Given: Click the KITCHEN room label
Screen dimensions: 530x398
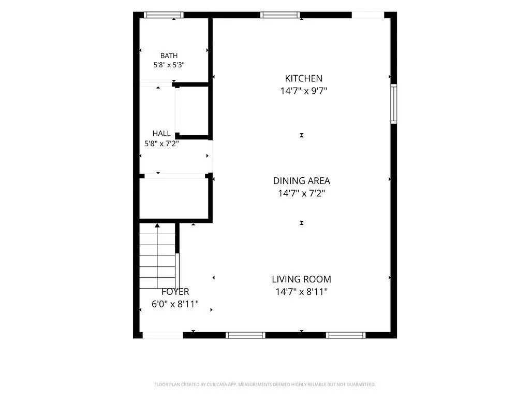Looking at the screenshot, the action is pos(303,79).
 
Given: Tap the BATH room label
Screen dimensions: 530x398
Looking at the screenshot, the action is pos(169,55).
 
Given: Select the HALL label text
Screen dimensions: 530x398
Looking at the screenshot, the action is pos(161,133).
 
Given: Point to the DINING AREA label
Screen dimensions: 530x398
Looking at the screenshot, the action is pos(302,181).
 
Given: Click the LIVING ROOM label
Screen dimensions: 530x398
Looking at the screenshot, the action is pos(302,279).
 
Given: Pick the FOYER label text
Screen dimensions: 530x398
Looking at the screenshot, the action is pos(175,292).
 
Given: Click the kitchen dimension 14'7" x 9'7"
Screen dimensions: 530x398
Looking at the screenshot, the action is pos(303,91).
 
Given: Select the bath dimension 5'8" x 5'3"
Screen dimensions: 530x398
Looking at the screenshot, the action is pos(169,65).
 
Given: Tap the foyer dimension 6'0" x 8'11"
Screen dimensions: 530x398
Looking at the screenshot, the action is pos(175,304).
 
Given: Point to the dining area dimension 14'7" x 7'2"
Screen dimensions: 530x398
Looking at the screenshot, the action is pos(302,193).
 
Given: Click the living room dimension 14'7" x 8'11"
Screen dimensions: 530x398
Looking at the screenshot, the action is pos(302,292).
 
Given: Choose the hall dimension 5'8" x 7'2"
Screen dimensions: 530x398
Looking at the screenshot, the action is pos(161,144).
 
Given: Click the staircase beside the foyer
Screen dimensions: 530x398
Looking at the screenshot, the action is pos(157,256).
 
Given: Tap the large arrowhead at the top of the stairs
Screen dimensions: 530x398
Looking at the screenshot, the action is pos(157,225).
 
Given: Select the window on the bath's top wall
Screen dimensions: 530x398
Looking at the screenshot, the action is pos(164,15).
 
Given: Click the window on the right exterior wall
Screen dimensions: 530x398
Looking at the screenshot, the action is pos(394,104).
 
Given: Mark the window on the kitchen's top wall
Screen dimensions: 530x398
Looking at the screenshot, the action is pos(280,15).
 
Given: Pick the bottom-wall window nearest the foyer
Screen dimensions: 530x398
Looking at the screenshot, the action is pos(245,335).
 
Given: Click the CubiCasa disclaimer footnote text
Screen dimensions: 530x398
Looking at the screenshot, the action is pos(265,385).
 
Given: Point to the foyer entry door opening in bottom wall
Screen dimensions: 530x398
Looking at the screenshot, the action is pos(163,335).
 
